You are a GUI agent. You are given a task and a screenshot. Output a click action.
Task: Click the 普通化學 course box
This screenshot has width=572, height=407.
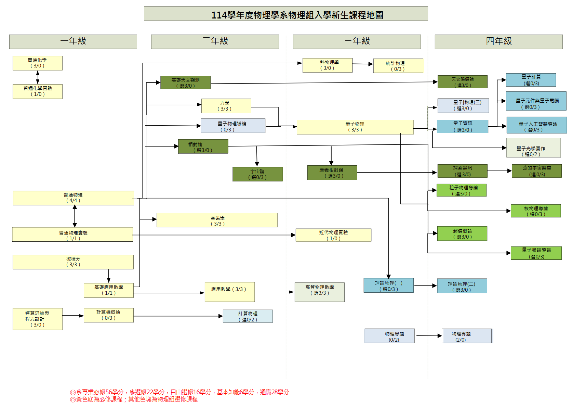coord(38,63)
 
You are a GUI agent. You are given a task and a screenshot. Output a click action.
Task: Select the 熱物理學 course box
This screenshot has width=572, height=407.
coord(327,65)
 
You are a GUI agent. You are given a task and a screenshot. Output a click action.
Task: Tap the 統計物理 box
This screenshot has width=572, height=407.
coord(398,66)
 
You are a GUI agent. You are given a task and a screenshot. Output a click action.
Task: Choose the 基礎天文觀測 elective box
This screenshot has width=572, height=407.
coord(185,82)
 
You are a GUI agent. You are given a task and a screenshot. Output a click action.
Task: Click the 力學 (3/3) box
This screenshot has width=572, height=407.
coord(226,106)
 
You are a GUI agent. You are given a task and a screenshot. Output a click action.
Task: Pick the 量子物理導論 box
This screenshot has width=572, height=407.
coord(233,126)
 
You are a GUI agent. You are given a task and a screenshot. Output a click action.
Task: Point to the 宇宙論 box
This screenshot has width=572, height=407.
coord(257,174)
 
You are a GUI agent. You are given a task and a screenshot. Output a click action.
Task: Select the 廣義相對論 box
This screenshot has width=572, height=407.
coord(332,173)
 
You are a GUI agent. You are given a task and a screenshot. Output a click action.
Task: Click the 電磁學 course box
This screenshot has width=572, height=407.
coord(217,220)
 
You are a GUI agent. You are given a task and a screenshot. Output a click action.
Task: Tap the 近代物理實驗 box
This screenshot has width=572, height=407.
coord(333,235)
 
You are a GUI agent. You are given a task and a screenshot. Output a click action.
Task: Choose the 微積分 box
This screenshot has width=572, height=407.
coord(73,262)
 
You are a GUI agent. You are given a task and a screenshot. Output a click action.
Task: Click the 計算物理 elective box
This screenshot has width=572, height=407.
coord(248,316)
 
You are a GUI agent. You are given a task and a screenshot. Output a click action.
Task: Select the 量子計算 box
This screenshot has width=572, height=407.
coord(531,80)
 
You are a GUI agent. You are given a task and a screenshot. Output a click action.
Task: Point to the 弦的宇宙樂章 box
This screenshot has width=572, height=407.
coord(536,171)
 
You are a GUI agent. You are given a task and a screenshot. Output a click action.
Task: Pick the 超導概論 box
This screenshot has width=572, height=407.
coord(462,234)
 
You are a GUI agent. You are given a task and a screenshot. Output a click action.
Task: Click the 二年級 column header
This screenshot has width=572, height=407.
coord(215,41)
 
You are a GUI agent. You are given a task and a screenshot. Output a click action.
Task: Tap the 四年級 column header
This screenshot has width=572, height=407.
coord(498,41)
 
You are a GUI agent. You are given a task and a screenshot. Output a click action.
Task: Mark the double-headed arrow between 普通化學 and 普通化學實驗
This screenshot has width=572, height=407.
coord(38,77)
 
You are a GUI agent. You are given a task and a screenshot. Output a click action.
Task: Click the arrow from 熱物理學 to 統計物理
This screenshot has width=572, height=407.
coord(362,64)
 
